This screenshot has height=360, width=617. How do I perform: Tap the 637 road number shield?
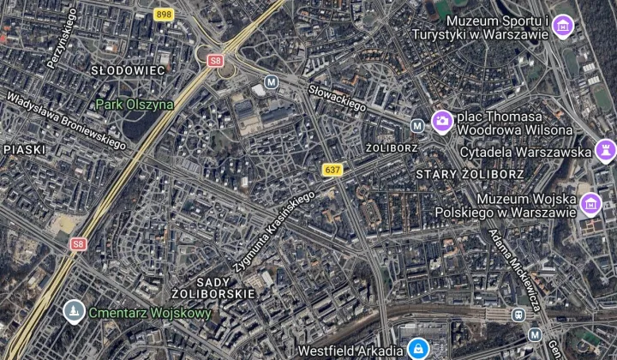(x=332, y=170)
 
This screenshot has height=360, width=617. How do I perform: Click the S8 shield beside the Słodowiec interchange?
(x=215, y=60)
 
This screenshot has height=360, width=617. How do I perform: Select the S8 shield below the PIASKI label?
(x=78, y=243)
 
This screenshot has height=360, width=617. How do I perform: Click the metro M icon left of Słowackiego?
(x=272, y=82)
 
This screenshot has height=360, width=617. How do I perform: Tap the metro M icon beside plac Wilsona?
(x=417, y=125)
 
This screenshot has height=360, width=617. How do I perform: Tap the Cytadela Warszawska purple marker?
(x=605, y=151)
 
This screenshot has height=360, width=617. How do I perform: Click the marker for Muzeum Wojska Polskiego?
(x=590, y=204)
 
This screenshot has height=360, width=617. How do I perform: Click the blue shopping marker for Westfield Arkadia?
(x=419, y=350)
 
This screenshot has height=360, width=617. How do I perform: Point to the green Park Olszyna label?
(x=134, y=105)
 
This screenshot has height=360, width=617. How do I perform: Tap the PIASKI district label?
(x=23, y=149)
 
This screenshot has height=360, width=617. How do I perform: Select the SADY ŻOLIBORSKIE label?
(x=213, y=286)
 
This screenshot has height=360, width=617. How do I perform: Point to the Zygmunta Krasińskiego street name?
(x=273, y=229)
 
